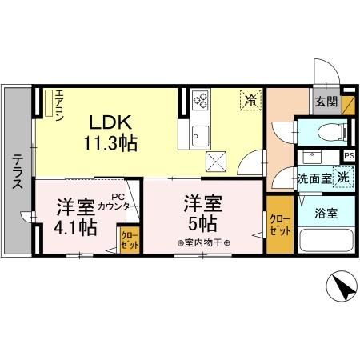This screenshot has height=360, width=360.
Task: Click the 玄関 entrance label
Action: (326, 101)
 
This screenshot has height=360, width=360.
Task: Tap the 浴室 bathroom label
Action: (325, 214)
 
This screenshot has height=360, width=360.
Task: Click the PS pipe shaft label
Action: (349, 156)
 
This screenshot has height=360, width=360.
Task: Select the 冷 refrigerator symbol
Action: (250, 101)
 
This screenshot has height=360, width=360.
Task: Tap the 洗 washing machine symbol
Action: (342, 178)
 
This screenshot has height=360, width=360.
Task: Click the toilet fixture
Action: (328, 132)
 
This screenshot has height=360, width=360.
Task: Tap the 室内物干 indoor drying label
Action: (203, 243)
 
